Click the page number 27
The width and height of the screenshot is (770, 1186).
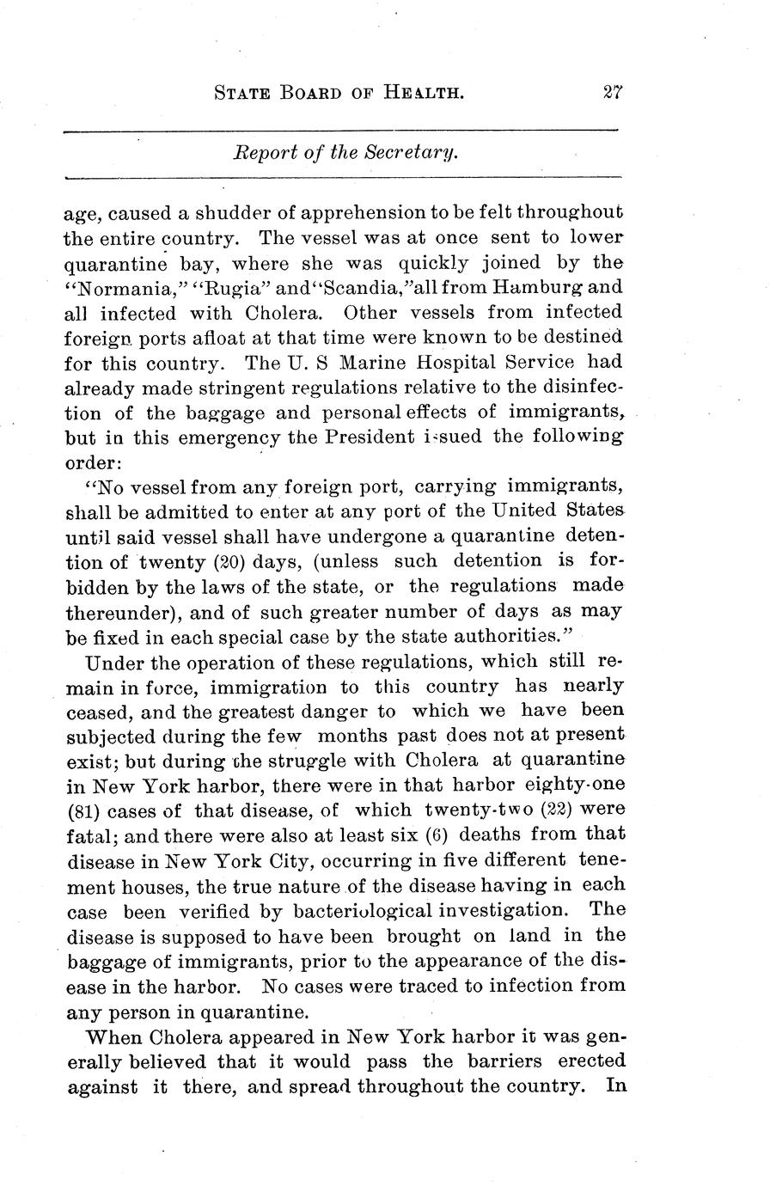(x=612, y=92)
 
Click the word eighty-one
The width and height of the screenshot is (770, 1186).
(x=580, y=786)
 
